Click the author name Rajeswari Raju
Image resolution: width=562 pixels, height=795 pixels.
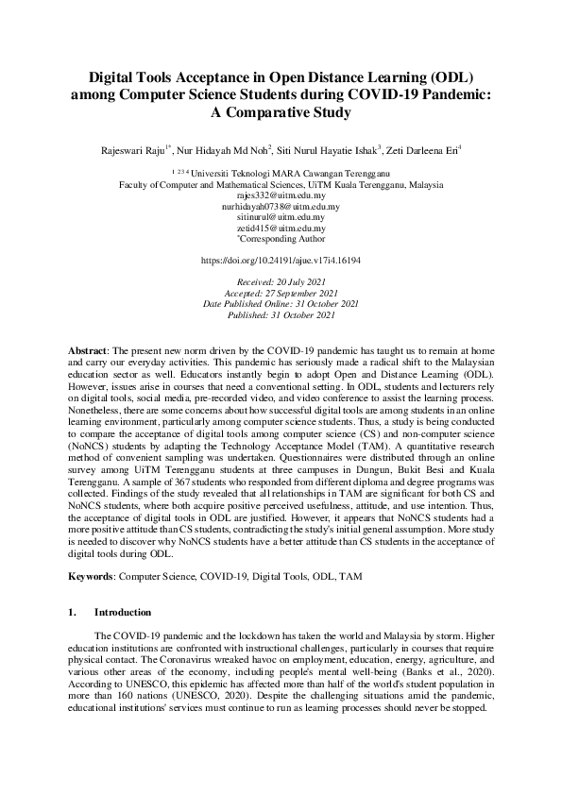[x=134, y=148]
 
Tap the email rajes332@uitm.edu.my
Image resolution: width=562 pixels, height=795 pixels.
[x=281, y=195]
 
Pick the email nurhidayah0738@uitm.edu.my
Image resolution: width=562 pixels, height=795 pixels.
[x=281, y=206]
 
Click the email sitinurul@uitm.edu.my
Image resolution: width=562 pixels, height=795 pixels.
[x=281, y=217]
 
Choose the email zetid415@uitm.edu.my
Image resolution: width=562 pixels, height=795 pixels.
[x=281, y=228]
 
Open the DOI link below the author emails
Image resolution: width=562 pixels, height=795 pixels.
[x=281, y=259]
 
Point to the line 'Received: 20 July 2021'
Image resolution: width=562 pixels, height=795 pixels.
[x=281, y=282]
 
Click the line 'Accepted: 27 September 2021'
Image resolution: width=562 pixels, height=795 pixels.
[x=281, y=293]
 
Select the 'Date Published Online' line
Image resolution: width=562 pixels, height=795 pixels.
[x=281, y=304]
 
